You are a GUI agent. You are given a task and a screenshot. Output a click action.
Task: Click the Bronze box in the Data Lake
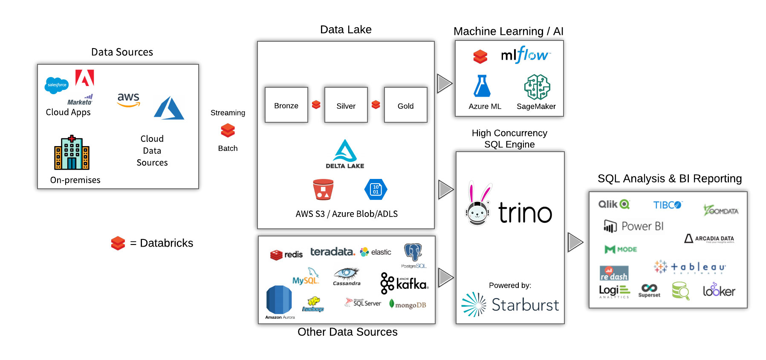286,105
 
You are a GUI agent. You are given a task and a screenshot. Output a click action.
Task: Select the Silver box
346,105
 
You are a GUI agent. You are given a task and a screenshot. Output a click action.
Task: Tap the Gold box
405,105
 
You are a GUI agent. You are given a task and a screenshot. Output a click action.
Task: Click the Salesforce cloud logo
57,85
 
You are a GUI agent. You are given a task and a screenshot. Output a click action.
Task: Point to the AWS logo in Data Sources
128,100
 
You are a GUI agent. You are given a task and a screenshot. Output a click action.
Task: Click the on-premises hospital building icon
72,153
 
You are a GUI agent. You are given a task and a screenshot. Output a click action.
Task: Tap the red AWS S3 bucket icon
323,190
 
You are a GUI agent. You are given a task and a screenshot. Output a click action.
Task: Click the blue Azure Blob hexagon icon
376,190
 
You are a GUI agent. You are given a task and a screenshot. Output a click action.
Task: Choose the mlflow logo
525,55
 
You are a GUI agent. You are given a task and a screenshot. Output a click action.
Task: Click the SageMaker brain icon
537,87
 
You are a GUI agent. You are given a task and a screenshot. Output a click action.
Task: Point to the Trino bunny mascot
478,204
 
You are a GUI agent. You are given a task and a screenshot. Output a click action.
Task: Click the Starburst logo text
525,305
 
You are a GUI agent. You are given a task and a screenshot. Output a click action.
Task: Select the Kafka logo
404,283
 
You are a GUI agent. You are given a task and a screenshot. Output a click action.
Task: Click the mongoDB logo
408,305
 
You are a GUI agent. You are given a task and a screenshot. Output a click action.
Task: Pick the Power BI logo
634,226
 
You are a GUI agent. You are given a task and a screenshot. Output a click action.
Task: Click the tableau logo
690,267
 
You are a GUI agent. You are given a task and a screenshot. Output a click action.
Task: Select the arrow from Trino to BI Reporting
575,242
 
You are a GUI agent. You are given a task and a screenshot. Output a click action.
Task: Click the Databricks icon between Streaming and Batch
228,130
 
